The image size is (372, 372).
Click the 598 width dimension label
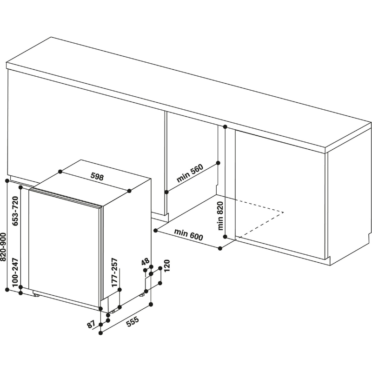97,177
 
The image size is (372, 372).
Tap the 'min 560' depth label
190,173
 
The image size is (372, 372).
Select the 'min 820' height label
220,216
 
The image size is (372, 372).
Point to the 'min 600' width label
189,234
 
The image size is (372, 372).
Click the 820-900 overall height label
3,247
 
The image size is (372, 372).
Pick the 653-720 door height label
15,211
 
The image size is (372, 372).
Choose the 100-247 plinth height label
15,272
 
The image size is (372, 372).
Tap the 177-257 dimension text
114,272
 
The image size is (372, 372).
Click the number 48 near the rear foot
145,262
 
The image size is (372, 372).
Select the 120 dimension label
167,266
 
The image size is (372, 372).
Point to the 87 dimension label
91,324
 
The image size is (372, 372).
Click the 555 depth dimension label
132,322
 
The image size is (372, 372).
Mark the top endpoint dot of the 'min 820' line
225,126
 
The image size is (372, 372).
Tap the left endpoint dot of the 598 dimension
60,171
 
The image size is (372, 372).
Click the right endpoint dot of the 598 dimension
129,191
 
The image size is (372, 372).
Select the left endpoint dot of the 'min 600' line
156,230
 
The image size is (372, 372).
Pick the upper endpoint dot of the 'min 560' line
218,163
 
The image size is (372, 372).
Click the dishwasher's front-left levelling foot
37,295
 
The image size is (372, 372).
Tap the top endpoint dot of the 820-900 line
7,181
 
